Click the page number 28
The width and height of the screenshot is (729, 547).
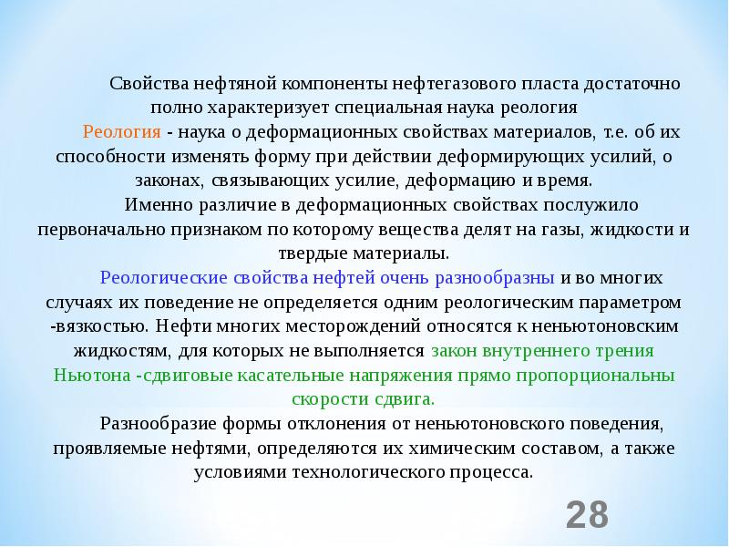point(587,514)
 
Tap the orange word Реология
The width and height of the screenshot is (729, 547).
point(122,132)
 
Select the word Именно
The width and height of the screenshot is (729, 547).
point(154,204)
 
